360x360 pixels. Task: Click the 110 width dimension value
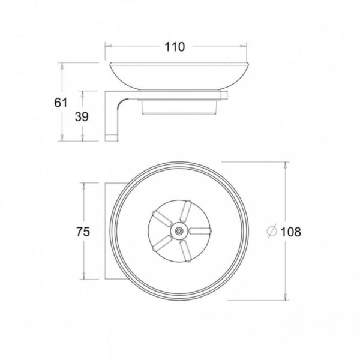tap(175, 47)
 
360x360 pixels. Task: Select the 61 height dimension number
tap(61, 103)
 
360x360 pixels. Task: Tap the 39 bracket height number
tap(82, 116)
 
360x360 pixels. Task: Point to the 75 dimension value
tap(83, 232)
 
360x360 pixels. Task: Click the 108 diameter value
tap(290, 232)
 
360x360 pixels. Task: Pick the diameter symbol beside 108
tap(271, 231)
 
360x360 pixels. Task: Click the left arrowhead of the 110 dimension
tap(109, 46)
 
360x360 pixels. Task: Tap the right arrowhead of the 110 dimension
tap(244, 46)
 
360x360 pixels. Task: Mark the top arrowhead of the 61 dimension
tap(62, 66)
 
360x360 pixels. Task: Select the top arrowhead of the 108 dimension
tap(286, 166)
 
